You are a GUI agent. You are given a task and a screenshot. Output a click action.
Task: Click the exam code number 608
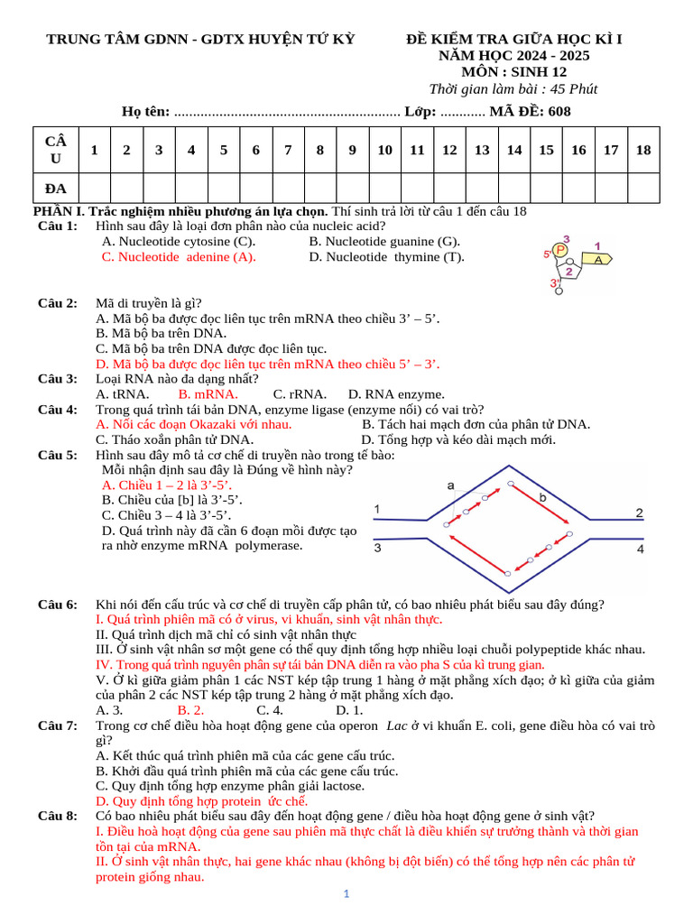click(555, 111)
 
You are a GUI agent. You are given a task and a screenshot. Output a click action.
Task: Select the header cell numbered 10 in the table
click(384, 150)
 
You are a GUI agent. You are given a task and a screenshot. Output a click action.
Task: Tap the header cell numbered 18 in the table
click(642, 150)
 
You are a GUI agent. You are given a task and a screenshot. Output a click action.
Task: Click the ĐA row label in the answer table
click(56, 188)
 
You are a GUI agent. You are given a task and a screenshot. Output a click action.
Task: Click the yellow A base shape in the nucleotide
click(597, 259)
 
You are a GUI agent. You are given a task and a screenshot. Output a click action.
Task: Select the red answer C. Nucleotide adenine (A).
click(179, 257)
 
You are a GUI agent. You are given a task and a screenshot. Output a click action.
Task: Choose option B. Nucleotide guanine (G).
click(384, 242)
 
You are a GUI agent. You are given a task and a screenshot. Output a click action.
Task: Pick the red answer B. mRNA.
click(208, 394)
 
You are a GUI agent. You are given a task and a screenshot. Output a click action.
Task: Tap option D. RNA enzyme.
click(396, 394)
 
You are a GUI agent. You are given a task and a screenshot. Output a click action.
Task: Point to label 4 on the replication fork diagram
click(640, 549)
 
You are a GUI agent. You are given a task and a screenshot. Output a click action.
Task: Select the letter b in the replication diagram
click(542, 497)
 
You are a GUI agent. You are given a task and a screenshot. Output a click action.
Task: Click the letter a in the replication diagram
click(450, 485)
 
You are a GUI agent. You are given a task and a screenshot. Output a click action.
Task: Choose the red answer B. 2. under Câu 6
click(190, 710)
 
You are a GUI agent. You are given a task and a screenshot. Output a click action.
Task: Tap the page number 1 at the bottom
click(346, 894)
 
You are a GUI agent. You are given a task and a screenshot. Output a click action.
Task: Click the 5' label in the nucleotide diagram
click(548, 254)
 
